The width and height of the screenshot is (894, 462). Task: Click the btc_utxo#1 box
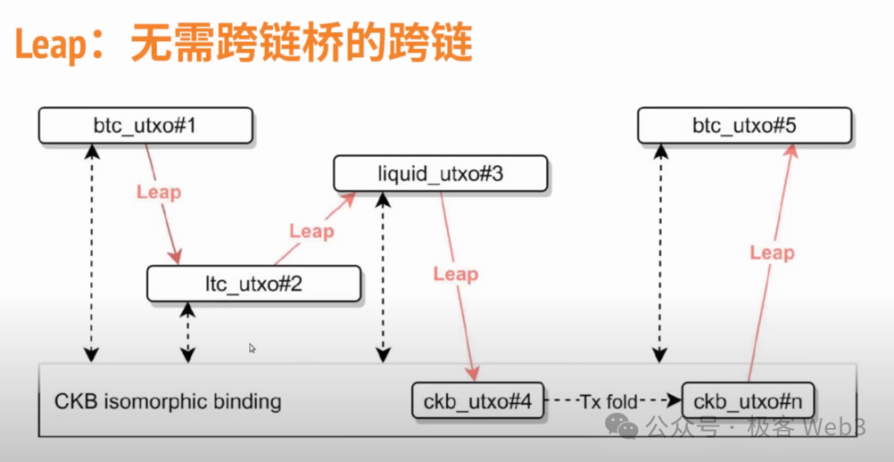coord(145,125)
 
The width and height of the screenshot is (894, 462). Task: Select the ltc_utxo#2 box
coord(254,283)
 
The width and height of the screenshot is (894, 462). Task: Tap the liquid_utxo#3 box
coord(440,174)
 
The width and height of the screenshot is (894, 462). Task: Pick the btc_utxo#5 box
coord(744,125)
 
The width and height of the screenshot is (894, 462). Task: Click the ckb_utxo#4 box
coord(478,401)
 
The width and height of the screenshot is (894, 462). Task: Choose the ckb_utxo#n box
coord(749,401)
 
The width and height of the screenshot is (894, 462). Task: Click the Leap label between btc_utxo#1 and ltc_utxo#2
coord(158,192)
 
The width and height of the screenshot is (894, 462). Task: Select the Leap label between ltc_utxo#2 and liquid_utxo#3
coord(311,230)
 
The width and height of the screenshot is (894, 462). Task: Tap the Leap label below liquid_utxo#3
coord(455,273)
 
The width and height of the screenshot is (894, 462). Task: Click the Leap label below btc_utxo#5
coord(772,252)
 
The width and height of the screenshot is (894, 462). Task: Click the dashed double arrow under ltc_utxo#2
coord(188,333)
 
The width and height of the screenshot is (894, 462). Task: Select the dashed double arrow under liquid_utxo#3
coord(383,276)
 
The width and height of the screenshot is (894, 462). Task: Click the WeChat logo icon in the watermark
coord(626,427)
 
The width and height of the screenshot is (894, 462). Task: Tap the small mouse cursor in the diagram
coord(252,348)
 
